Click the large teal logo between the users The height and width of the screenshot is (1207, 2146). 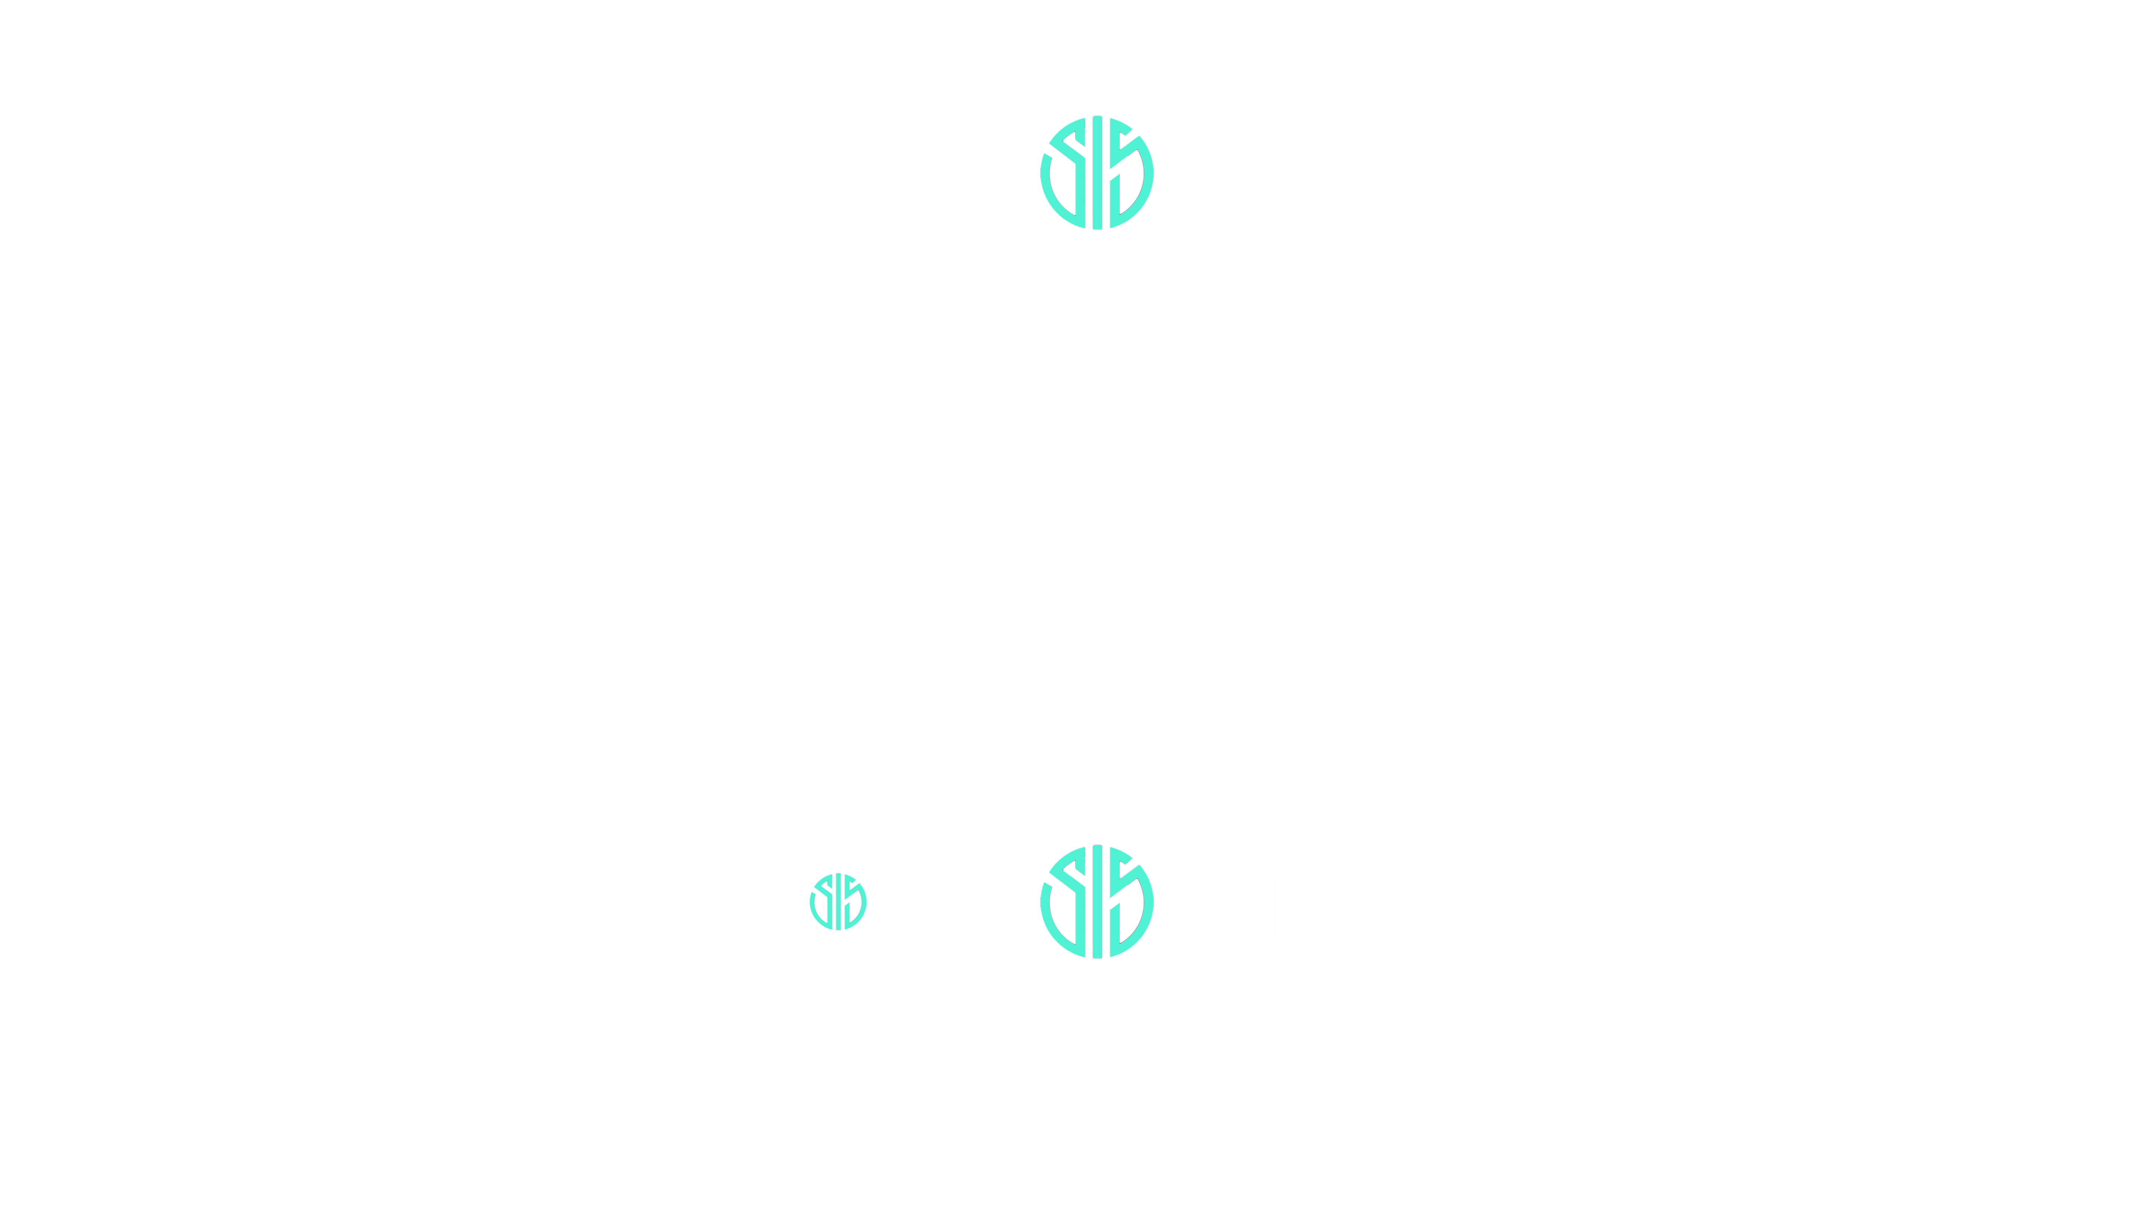point(1096,172)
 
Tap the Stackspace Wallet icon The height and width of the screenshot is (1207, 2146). point(851,901)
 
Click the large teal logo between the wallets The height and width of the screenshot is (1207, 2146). point(1096,901)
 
